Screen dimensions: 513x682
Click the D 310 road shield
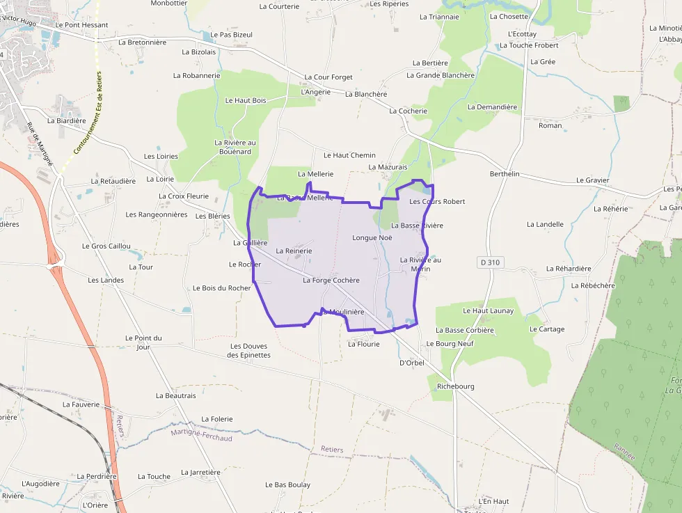pos(491,262)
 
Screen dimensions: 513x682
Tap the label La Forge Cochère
pos(331,281)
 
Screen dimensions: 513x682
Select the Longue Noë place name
pos(372,238)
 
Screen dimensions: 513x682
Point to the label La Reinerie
pos(294,251)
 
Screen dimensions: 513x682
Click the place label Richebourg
pos(455,386)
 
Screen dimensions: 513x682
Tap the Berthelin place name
pos(505,174)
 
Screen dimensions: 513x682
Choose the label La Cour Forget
pos(328,77)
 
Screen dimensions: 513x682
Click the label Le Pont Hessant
pos(81,25)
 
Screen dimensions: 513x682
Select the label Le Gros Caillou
pos(106,246)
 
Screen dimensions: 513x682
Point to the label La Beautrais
pos(176,395)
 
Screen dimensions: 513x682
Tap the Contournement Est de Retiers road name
pos(88,112)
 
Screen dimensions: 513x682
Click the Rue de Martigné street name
pos(40,143)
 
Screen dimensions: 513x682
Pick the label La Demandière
pos(492,107)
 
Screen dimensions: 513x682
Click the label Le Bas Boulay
pos(287,484)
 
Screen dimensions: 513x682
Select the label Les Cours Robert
pos(437,202)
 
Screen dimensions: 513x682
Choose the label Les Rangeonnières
pos(157,214)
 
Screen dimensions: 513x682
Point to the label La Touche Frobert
pos(529,46)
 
